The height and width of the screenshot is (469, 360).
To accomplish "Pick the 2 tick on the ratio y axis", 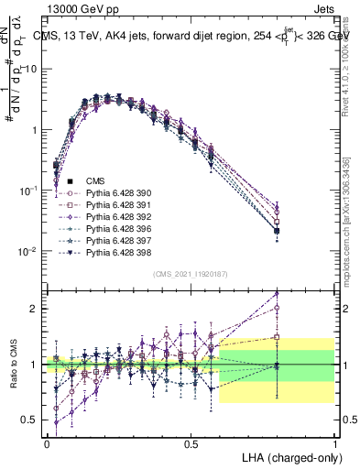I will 35,309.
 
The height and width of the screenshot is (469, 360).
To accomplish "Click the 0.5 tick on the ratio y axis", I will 30,420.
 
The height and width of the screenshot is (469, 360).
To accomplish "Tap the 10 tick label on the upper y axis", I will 32,69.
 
